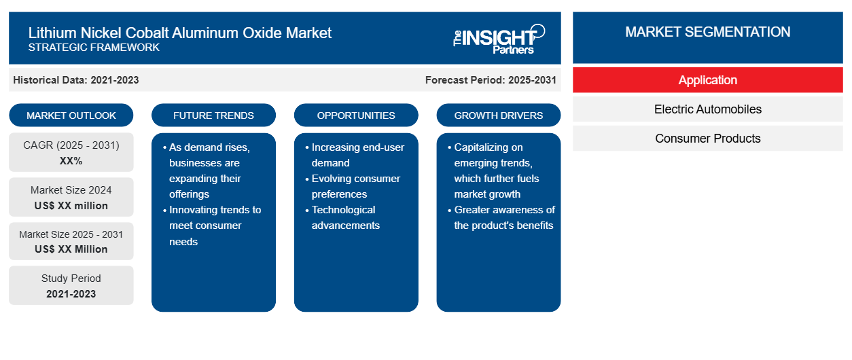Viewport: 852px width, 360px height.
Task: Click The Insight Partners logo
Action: point(499,39)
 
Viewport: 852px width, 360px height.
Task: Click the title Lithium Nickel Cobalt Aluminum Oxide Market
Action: point(180,33)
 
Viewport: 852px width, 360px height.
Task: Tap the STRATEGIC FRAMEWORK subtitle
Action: point(94,48)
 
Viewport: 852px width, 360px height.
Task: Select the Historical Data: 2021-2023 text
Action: point(76,80)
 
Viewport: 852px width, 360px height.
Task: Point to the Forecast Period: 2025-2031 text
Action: point(491,80)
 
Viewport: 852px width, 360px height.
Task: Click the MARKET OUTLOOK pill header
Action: point(71,115)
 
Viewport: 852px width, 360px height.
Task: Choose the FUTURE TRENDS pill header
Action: point(213,115)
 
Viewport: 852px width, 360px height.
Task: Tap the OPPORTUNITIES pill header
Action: point(356,115)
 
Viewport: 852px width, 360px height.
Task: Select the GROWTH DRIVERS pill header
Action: point(498,115)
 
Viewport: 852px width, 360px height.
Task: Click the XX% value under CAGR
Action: point(71,161)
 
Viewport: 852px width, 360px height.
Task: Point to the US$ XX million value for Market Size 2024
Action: point(71,206)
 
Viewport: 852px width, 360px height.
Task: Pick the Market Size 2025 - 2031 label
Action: point(71,234)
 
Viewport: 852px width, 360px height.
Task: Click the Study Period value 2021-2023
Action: point(71,294)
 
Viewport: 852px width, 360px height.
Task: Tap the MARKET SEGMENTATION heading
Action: point(707,32)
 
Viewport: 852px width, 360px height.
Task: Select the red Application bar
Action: point(708,80)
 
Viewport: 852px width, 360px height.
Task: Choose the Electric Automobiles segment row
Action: point(708,109)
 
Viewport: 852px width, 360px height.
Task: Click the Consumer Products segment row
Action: point(708,139)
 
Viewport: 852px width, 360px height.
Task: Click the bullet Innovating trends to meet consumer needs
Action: point(212,226)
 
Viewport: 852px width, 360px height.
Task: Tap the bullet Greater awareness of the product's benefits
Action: point(501,217)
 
